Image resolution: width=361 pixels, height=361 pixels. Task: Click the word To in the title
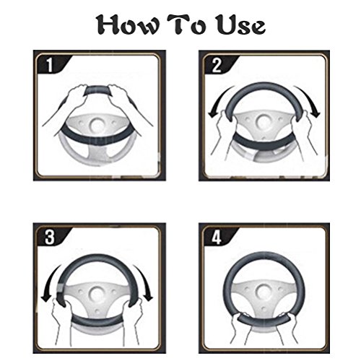click(x=186, y=24)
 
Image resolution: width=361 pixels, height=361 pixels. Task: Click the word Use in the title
click(x=240, y=25)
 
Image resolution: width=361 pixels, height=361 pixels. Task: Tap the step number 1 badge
click(x=50, y=64)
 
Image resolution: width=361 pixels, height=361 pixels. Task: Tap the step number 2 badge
click(x=217, y=65)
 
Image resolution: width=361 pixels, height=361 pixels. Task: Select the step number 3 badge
click(x=50, y=237)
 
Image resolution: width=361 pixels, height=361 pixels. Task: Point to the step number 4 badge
click(x=217, y=238)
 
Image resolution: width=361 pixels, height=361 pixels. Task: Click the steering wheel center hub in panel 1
click(x=97, y=125)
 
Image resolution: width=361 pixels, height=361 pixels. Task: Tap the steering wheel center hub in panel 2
click(x=264, y=121)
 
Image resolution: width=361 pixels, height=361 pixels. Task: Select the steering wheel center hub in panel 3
click(x=97, y=294)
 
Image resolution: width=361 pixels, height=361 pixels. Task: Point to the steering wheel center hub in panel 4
click(x=264, y=292)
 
